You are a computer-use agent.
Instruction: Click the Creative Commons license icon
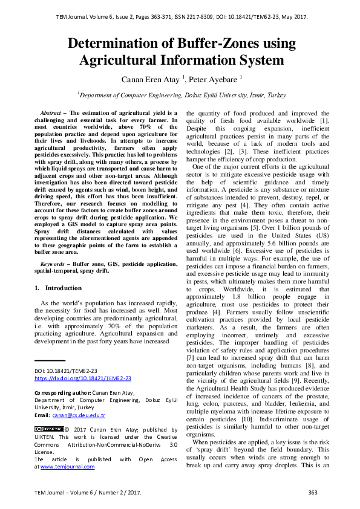point(48,429)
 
